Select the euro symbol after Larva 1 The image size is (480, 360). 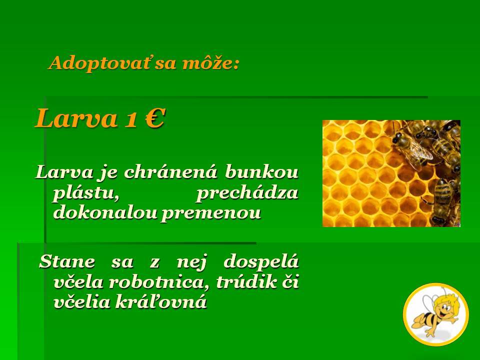click(155, 118)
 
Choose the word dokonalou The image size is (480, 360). click(104, 212)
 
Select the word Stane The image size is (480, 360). click(67, 261)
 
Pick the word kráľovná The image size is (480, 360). click(161, 301)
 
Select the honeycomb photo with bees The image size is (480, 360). click(391, 173)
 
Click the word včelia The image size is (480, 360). click(81, 301)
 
